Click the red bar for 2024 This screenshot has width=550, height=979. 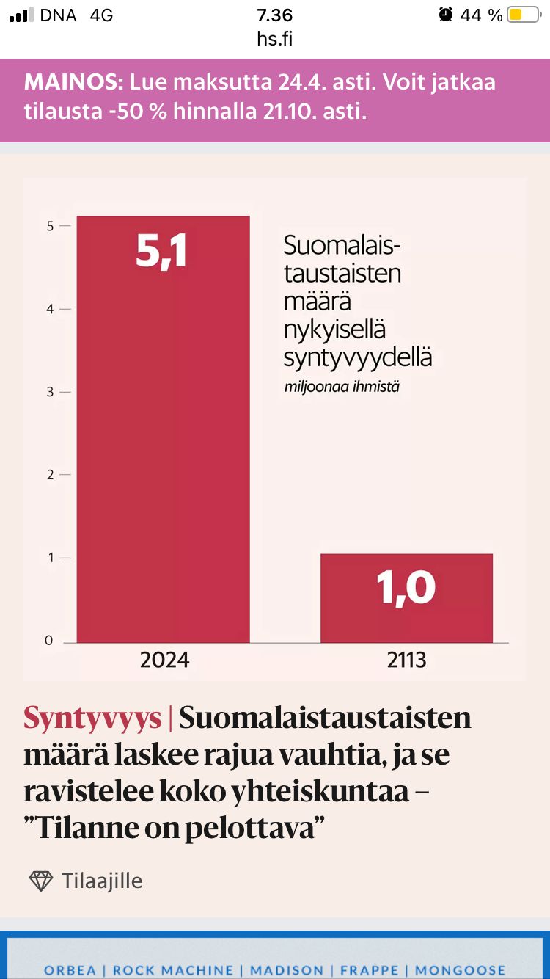click(x=164, y=440)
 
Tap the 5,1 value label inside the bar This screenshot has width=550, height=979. click(x=161, y=251)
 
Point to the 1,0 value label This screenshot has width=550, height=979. click(x=406, y=587)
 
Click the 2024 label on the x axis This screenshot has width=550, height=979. click(x=164, y=660)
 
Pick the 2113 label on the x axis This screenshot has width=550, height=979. click(x=406, y=660)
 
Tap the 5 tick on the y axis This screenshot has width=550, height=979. click(x=50, y=226)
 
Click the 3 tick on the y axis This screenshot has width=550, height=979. click(x=50, y=392)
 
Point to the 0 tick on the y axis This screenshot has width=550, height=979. click(x=49, y=641)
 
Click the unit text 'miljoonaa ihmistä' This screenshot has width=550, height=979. click(x=342, y=387)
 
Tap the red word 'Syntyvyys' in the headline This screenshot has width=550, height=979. click(x=92, y=718)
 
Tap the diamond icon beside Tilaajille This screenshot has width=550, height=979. click(x=41, y=881)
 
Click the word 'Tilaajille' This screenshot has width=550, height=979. click(x=102, y=881)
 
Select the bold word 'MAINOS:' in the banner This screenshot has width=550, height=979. click(x=73, y=81)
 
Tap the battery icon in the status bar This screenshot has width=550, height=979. click(x=524, y=15)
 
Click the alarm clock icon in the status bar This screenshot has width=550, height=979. click(x=445, y=15)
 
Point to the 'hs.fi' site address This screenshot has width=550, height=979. click(x=275, y=39)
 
